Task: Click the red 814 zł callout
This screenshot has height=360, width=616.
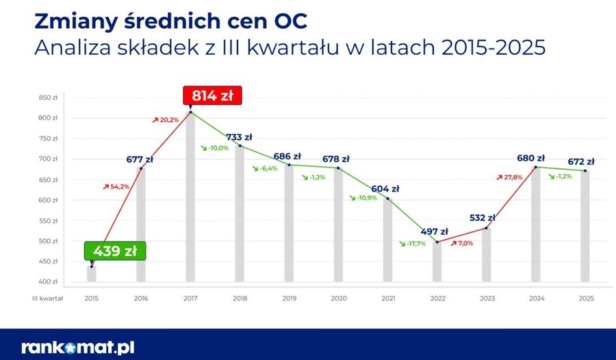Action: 212,96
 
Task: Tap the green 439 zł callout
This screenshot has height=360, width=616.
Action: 116,251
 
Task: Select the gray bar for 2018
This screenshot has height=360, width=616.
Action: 240,214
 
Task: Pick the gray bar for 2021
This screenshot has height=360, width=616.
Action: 387,240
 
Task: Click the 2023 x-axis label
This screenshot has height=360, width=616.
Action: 487,298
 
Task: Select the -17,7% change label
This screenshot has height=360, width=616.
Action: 412,244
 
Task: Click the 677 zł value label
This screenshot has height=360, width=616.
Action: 140,159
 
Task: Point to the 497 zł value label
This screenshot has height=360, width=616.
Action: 434,231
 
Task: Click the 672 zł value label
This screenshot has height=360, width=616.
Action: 580,162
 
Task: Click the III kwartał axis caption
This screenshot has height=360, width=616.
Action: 47,298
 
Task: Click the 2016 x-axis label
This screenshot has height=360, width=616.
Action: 141,298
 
